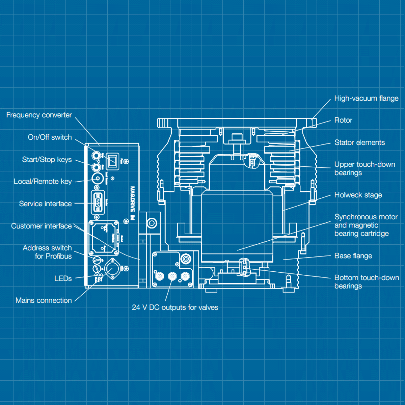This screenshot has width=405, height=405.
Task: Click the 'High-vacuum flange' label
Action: (366, 99)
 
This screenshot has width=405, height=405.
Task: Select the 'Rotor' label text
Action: (343, 120)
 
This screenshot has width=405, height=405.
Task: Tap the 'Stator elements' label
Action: (359, 143)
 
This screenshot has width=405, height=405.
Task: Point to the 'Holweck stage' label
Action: (358, 195)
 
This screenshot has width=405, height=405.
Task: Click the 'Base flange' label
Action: (353, 256)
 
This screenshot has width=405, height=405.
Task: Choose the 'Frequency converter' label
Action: (39, 115)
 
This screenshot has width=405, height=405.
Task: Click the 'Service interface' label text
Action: (46, 204)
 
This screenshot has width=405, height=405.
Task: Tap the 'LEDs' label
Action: (63, 278)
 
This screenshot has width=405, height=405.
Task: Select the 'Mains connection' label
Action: (44, 300)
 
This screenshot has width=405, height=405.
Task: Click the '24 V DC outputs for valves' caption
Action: (175, 307)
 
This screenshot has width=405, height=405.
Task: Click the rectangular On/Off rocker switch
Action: (113, 161)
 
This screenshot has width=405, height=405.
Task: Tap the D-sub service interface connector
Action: (98, 202)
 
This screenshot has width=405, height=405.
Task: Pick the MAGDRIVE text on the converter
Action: (132, 199)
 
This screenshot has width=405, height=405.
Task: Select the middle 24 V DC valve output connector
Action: (172, 276)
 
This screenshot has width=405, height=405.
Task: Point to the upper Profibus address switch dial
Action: (97, 260)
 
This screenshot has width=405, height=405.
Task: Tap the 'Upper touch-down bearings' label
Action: (364, 168)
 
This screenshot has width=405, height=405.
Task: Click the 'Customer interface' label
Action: (42, 226)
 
